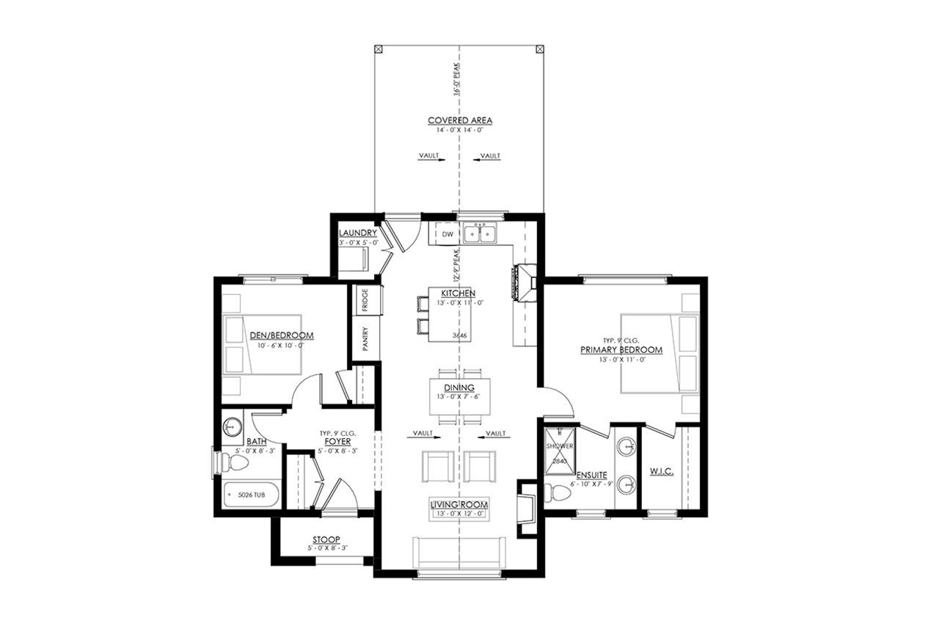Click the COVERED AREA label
(460, 120)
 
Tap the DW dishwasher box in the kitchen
(447, 234)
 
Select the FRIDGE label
(365, 299)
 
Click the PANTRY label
(365, 338)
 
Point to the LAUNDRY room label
(358, 233)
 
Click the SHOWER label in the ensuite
(560, 445)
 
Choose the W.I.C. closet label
(662, 470)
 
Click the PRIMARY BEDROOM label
(621, 350)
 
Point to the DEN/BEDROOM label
(281, 335)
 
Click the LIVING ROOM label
(459, 505)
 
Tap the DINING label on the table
(459, 387)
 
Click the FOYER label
(338, 442)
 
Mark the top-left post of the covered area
(378, 48)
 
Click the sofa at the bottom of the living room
(459, 551)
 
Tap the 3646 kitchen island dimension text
(460, 335)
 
